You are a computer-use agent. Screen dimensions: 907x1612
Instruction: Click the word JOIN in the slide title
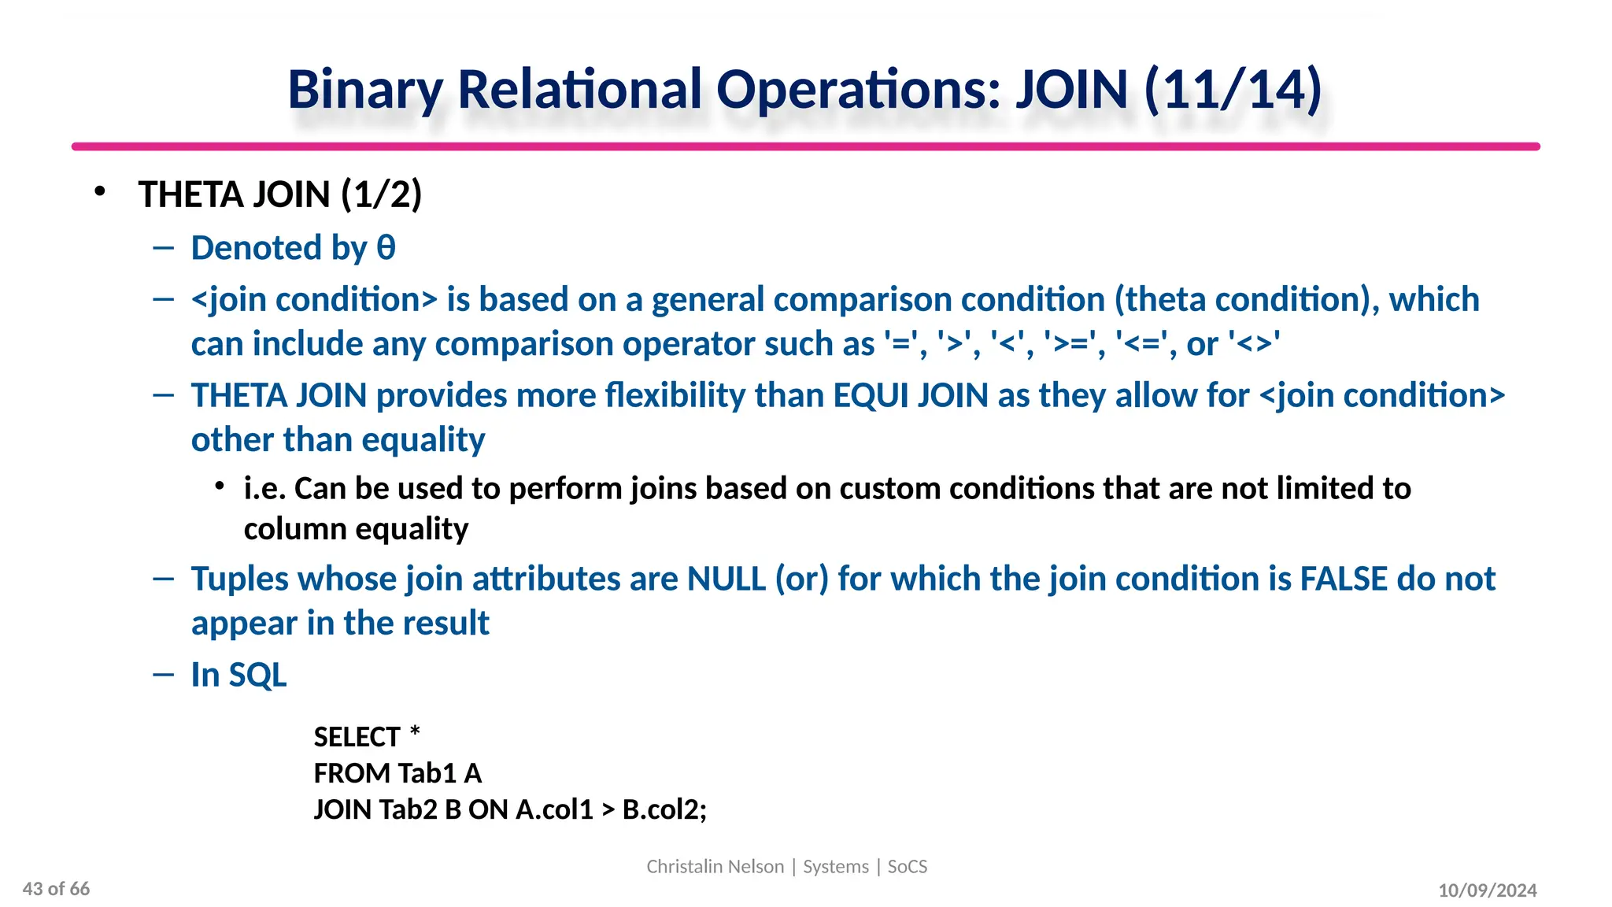tap(1072, 90)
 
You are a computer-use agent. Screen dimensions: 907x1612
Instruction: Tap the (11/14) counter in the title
tap(1233, 90)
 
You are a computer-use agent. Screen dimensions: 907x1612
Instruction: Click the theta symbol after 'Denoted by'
tap(386, 248)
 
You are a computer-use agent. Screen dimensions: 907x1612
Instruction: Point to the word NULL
tap(726, 579)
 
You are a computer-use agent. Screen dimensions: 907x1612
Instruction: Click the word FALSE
tap(1343, 579)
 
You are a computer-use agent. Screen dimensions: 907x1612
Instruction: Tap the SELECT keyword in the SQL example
tap(357, 737)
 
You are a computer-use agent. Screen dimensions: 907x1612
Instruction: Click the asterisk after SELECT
tap(415, 734)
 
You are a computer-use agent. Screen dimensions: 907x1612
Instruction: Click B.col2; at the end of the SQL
tap(664, 809)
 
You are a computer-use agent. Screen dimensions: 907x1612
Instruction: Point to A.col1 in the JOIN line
tap(554, 809)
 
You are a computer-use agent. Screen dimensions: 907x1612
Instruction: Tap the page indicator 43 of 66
tap(56, 889)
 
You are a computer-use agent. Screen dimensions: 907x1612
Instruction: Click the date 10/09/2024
tap(1487, 890)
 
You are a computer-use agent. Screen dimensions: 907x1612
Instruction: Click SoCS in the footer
tap(908, 866)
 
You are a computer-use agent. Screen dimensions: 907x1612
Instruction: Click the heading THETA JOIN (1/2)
tap(280, 194)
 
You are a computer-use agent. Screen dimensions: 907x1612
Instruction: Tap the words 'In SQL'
tap(238, 675)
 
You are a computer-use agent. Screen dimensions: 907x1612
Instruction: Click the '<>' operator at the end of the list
tap(1254, 344)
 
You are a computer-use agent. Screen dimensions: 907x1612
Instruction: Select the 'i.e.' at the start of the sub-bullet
tap(264, 488)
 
